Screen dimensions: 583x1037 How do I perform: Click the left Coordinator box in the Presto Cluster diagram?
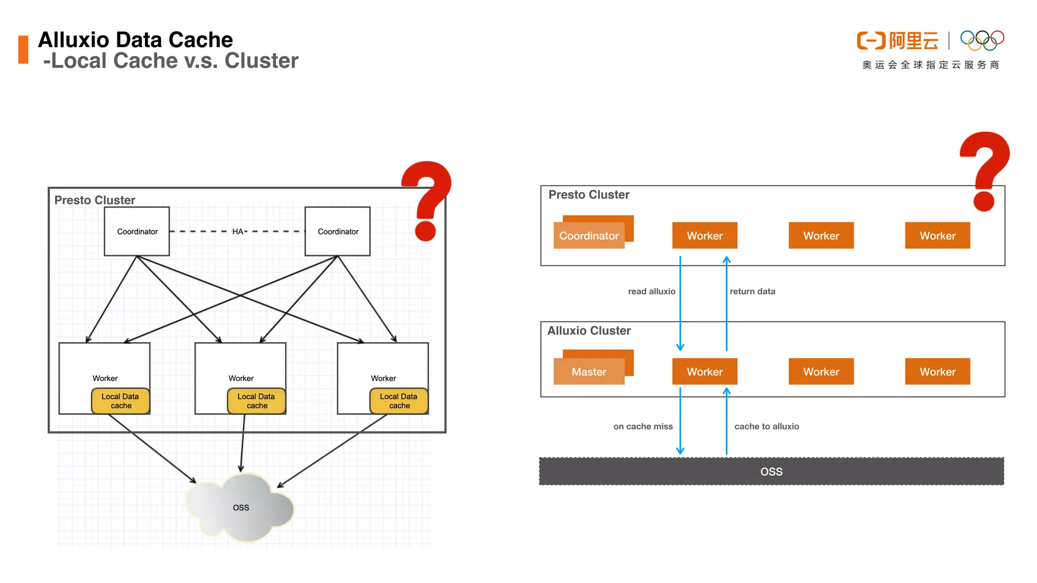coord(137,231)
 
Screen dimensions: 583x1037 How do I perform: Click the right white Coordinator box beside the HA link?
coord(337,231)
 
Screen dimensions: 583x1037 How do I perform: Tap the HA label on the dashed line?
coord(237,231)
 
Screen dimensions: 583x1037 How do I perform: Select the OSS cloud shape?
coord(241,507)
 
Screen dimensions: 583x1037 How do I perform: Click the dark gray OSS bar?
coord(771,471)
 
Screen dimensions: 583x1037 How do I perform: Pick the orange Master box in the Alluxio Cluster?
coord(589,371)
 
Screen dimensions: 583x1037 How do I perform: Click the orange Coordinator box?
coord(589,235)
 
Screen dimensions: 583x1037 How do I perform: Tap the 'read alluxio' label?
coord(651,291)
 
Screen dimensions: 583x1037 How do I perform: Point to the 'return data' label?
coord(752,291)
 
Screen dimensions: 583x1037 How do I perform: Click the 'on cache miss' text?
coord(643,427)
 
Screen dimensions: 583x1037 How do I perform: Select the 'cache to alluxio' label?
coord(766,427)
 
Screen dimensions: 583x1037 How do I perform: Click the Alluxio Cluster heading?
coord(589,330)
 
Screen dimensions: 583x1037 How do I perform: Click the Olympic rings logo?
coord(982,40)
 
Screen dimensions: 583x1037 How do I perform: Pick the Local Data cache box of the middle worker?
coord(257,401)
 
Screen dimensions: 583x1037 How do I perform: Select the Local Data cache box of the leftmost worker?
coord(121,401)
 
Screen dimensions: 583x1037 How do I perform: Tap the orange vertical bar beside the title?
coord(23,50)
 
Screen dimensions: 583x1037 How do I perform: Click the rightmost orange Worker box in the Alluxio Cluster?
coord(937,371)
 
